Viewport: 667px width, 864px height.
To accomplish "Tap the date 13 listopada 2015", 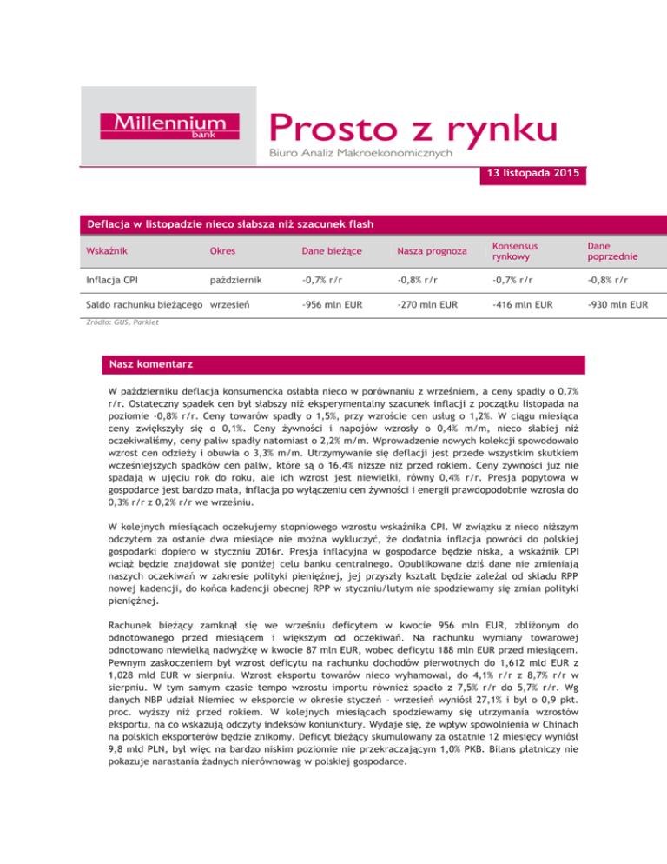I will (x=531, y=176).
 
